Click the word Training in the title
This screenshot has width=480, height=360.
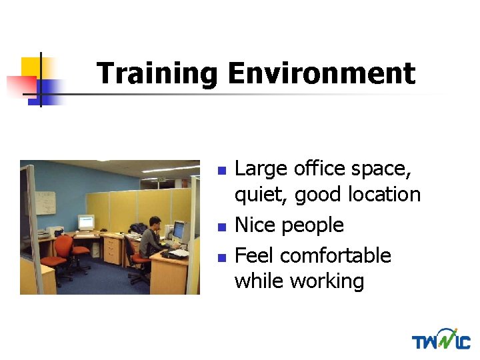pos(157,74)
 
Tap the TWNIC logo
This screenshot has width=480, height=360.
pos(441,339)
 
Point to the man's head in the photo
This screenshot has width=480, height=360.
pos(154,222)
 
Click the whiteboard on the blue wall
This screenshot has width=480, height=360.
pos(45,203)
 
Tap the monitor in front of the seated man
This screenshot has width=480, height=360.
pos(179,231)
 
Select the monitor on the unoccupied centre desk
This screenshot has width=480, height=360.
pos(85,222)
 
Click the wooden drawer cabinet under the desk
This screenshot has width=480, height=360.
pos(113,250)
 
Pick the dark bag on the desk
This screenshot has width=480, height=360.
pos(137,229)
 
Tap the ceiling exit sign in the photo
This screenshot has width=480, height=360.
pos(161,179)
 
